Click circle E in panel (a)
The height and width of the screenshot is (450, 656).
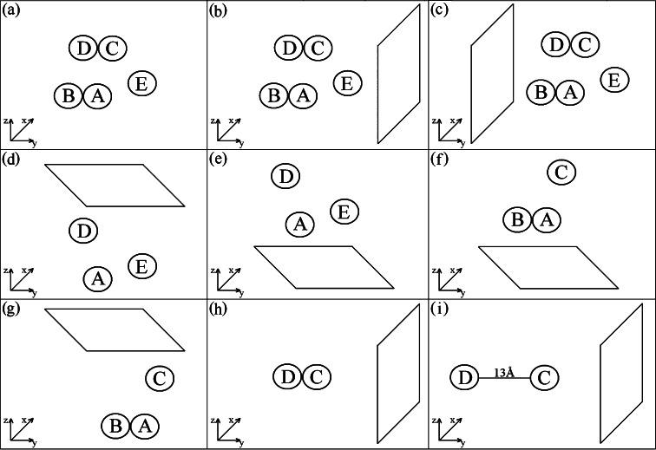142,83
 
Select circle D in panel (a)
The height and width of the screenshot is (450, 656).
83,49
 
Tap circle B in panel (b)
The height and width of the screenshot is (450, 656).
273,95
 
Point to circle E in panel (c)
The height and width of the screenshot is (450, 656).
614,80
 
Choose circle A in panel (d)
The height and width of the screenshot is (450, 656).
98,278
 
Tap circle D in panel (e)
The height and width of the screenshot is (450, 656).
285,177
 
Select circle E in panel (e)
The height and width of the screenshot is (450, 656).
344,211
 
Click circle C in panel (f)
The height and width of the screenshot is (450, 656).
561,173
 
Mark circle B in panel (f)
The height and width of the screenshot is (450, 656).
517,220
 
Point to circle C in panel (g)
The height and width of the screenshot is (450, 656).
159,378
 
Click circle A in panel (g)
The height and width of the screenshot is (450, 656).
145,426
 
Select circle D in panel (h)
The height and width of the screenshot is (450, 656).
288,377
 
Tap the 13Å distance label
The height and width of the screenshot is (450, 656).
503,373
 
